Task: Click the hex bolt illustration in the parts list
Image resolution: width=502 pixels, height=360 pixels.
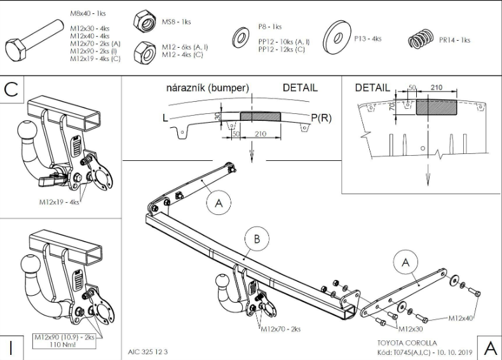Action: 34,41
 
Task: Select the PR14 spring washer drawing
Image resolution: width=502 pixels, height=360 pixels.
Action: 421,39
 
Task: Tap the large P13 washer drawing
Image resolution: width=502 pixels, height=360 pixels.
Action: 337,38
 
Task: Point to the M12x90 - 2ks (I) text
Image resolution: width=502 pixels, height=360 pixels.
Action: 93,51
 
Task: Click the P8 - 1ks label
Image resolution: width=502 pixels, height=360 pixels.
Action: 270,27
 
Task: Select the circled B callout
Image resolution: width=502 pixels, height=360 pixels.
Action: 257,239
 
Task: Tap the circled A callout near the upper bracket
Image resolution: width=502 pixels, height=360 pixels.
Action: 219,203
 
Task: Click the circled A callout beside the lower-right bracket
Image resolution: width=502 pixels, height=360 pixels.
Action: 405,263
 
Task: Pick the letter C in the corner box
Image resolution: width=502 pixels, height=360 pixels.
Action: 11,90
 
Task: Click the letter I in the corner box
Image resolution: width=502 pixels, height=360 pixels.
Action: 11,348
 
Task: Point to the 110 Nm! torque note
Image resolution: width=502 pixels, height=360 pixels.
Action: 63,345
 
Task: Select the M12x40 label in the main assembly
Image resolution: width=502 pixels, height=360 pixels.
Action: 461,318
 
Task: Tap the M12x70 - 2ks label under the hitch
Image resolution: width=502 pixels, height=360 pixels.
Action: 281,329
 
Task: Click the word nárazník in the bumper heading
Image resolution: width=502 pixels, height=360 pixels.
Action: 187,88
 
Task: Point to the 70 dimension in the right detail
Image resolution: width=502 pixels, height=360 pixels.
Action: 392,106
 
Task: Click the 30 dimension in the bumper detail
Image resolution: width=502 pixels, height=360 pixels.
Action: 218,116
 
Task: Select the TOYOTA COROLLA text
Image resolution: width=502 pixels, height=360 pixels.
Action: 407,343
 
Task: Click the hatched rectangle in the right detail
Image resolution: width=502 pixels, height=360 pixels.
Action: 437,107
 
